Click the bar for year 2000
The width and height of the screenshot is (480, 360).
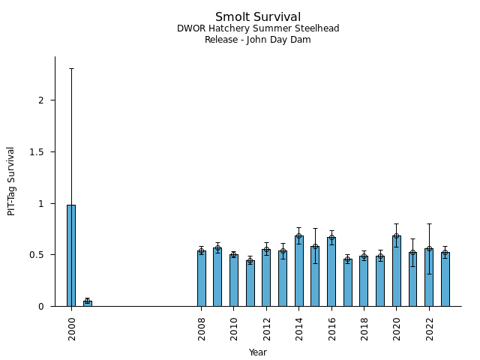click(71, 255)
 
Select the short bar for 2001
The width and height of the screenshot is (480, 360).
click(87, 303)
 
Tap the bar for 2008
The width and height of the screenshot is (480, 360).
click(201, 278)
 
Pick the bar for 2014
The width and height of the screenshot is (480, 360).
click(298, 271)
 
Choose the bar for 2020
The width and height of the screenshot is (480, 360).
click(396, 271)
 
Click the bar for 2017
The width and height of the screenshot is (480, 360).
click(347, 283)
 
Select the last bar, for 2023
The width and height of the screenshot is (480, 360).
click(445, 279)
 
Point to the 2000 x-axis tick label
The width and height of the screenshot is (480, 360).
click(72, 328)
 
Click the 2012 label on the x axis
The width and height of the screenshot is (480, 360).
click(266, 328)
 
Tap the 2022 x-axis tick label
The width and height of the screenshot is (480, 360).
click(429, 328)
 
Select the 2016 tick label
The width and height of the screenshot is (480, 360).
click(331, 328)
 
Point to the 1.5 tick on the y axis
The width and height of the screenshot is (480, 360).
click(39, 152)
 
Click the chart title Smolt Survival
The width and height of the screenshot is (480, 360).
click(258, 17)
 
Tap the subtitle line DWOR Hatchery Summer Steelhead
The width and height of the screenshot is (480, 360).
click(258, 28)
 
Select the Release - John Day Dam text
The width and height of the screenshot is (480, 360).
click(258, 39)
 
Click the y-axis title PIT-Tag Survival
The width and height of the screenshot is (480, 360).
click(12, 181)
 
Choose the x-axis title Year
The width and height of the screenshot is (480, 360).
click(258, 352)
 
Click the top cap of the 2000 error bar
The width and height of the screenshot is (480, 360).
click(71, 68)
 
